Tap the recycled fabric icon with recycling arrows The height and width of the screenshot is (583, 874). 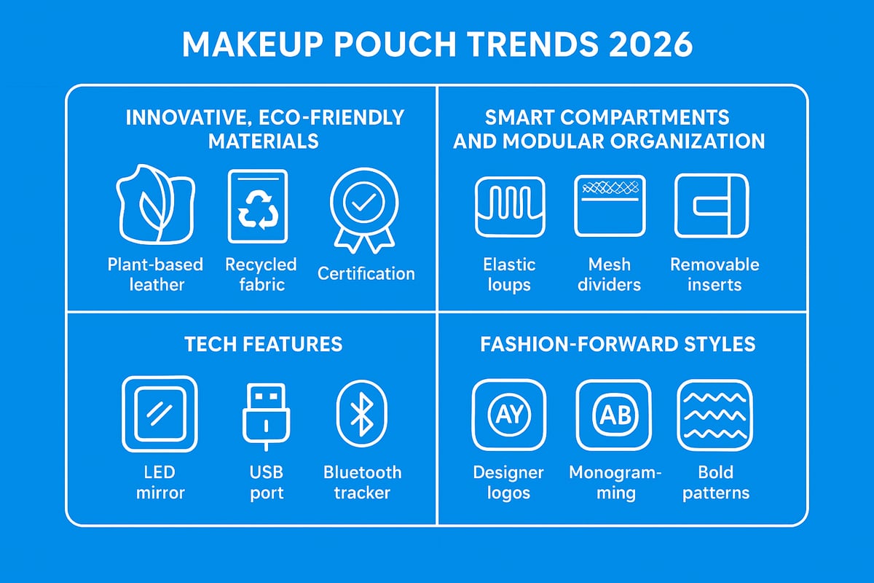258,206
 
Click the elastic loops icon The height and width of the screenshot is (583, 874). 509,206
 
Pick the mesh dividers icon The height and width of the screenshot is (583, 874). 610,206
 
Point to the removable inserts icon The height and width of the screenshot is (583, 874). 712,206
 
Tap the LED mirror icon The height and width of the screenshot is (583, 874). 159,414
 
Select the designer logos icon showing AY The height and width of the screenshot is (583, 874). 508,415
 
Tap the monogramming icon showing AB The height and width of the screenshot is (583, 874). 613,415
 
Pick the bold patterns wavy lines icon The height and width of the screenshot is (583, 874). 714,415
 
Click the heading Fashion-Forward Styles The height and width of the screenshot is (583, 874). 618,344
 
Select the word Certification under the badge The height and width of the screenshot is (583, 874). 366,274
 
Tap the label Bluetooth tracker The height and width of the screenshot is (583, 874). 362,482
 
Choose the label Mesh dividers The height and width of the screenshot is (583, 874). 609,274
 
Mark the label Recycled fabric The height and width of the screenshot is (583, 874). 261,274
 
